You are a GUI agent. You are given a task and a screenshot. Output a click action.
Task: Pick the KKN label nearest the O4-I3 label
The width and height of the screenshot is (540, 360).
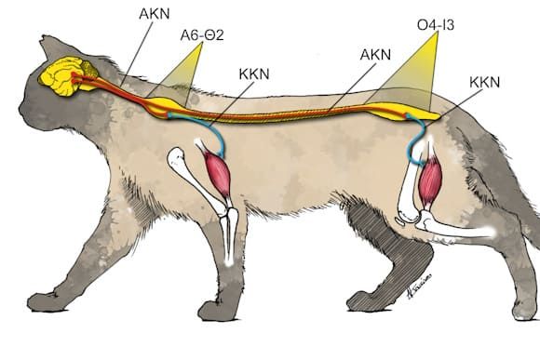(484, 82)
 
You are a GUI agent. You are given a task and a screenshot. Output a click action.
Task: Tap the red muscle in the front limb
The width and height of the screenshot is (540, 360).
(218, 172)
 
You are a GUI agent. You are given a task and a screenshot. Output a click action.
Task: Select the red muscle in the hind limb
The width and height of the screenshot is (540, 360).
(429, 182)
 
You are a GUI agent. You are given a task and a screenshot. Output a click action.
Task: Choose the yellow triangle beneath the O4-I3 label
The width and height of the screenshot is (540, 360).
(411, 74)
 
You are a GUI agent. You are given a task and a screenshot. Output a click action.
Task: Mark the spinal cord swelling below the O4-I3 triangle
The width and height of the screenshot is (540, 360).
(395, 113)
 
